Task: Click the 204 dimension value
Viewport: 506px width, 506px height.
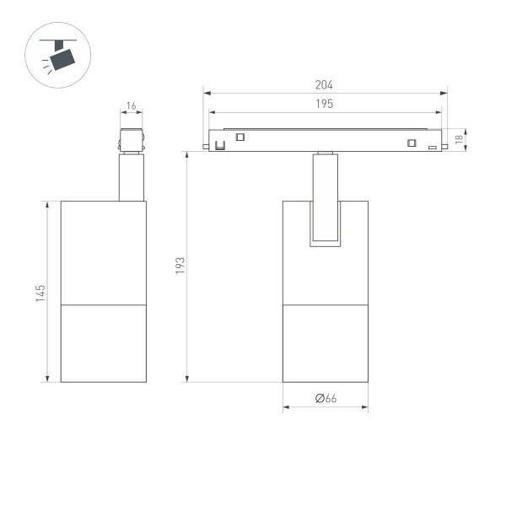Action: coord(325,85)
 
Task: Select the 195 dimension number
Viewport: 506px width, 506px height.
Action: coord(325,104)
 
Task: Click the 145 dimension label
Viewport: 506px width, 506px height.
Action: coord(40,293)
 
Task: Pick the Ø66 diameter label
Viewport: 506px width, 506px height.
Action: coord(326,399)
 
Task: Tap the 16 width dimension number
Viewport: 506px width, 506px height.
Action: coord(131,106)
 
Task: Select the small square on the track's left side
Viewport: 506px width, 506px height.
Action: coord(240,137)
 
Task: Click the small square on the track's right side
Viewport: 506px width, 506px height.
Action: coord(412,142)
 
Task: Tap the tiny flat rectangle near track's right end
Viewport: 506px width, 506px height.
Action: coord(432,148)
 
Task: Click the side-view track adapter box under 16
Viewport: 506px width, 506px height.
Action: coord(131,140)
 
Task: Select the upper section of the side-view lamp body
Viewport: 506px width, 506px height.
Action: coord(103,251)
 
